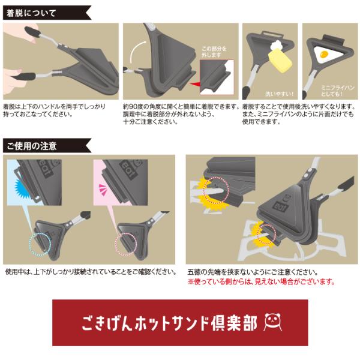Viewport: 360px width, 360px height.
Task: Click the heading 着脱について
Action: point(31,13)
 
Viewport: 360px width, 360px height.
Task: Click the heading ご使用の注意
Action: point(32,146)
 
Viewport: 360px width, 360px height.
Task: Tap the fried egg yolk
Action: point(324,55)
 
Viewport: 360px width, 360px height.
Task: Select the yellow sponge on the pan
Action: point(280,61)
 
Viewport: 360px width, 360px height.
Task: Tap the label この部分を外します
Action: point(214,52)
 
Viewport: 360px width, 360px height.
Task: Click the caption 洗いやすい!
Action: point(280,94)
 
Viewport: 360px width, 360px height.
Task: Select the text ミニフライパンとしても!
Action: point(337,91)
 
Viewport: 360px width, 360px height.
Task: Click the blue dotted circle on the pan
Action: point(40,244)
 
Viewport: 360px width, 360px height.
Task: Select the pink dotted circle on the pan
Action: point(126,244)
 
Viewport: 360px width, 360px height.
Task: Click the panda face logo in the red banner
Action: point(273,322)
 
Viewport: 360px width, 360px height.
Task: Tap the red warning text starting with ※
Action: point(262,281)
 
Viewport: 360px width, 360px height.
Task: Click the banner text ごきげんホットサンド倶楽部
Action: point(169,323)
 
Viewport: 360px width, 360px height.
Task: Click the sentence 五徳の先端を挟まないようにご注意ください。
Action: point(253,272)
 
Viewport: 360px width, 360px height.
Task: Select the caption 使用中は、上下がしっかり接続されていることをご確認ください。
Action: point(91,272)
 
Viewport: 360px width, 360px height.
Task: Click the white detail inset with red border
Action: point(217,77)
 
